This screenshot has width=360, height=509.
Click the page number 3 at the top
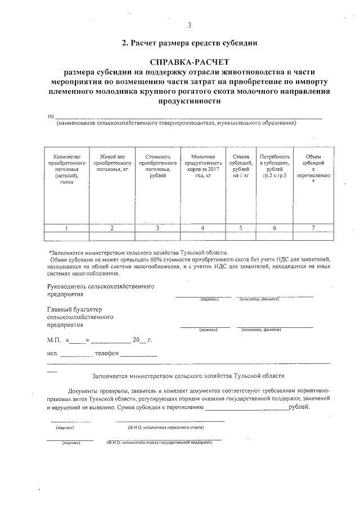pos(190,25)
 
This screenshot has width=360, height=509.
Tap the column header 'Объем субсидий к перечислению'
pos(313,169)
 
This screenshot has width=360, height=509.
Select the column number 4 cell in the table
pos(202,228)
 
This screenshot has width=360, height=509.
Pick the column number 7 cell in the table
pos(313,228)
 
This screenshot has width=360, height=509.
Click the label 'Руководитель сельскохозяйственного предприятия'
pos(101,290)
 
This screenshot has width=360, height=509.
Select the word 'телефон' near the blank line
pos(107,354)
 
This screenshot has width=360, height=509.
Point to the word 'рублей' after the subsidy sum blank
pos(298,406)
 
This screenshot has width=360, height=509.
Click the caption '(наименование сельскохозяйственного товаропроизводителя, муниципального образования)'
pos(176,122)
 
